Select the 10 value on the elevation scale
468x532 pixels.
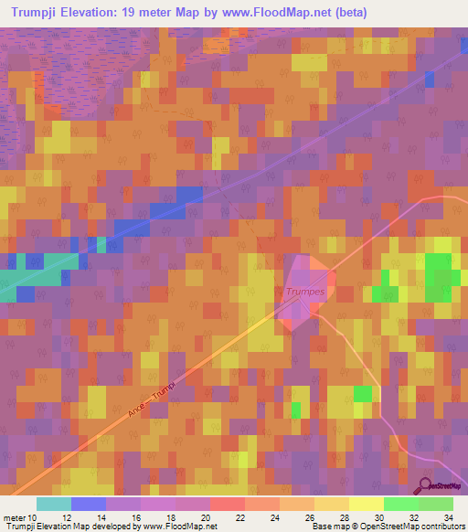[x=34, y=517]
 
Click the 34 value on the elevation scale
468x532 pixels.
[x=448, y=517]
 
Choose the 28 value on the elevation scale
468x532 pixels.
[x=345, y=517]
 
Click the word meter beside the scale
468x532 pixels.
[x=15, y=517]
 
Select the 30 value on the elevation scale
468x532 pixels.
[x=379, y=517]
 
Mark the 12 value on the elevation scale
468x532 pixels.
[x=69, y=517]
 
